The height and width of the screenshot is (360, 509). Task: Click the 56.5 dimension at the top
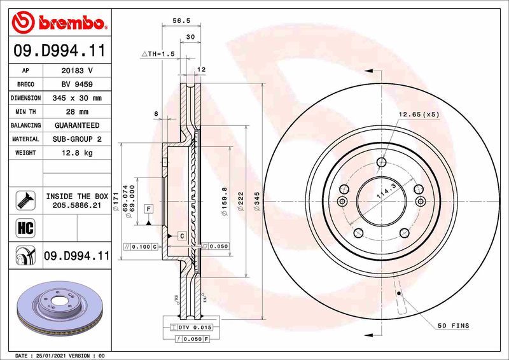point(182,21)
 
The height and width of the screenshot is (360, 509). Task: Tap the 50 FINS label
point(453,326)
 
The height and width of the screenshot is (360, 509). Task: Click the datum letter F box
point(148,209)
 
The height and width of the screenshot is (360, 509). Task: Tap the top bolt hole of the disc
point(380,162)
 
